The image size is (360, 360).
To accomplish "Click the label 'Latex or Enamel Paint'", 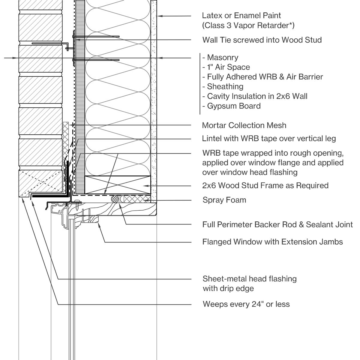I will pos(241,16).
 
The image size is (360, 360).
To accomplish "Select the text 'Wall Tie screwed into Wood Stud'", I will pos(262,40).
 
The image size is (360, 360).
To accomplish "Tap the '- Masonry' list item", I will pos(220,57).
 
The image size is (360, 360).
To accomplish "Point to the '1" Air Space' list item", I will pos(226,67).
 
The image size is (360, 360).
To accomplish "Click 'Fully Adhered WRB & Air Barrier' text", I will pos(263,77).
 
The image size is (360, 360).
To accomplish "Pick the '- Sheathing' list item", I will pos(223,86).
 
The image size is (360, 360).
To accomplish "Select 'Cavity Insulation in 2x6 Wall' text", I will pos(255,96).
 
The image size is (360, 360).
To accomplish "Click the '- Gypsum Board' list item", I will pos(231,106).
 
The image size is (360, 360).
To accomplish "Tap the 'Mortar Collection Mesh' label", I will pos(244,125).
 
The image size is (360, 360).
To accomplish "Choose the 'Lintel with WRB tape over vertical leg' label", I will pos(269,139).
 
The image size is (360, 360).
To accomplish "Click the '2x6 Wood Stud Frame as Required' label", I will pos(265,185).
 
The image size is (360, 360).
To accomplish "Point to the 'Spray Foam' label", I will pos(224,200).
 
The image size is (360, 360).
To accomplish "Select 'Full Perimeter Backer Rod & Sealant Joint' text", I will pos(277,224).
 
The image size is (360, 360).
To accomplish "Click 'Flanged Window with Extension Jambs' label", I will pos(272,242).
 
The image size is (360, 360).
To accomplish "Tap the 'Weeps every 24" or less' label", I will pos(246,304).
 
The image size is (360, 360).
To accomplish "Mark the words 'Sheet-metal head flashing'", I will pos(250,279).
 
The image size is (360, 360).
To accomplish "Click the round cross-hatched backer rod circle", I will pos(115,199).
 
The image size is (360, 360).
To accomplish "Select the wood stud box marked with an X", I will pos(118,185).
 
